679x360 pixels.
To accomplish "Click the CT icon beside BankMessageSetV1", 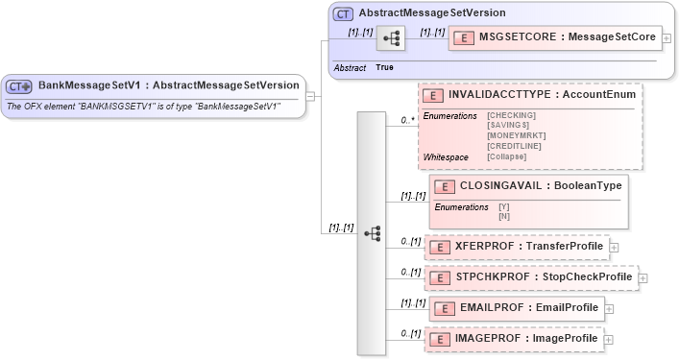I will tap(19, 85).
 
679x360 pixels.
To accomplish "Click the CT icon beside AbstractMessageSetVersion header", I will tap(342, 14).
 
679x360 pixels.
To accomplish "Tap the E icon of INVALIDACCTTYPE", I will tap(433, 95).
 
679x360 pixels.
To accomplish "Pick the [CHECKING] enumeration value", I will tap(512, 115).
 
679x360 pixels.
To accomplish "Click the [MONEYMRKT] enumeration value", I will tap(517, 135).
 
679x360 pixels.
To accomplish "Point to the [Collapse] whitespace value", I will tap(507, 156).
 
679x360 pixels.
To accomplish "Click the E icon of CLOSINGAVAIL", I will tap(445, 186).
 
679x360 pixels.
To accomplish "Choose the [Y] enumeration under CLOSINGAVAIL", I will tap(503, 207).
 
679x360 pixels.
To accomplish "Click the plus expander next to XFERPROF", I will tap(615, 248).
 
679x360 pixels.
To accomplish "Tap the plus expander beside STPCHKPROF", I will tap(643, 278).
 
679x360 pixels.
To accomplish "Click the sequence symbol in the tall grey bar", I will tap(373, 233).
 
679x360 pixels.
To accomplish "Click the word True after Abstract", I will tap(385, 67).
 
